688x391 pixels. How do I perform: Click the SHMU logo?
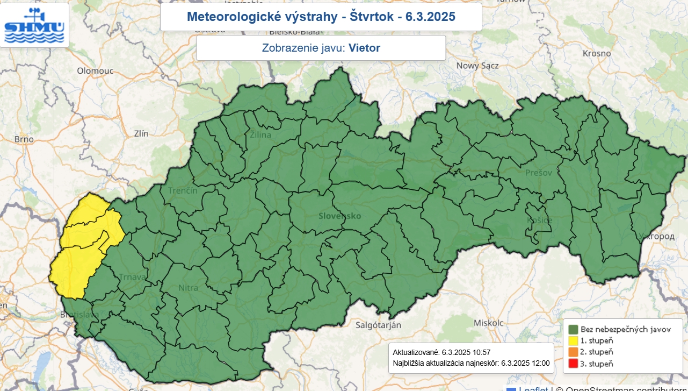click(34, 25)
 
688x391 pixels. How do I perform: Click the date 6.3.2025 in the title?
click(431, 17)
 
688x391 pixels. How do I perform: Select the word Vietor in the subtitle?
click(364, 48)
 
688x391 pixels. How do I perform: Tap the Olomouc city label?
click(95, 70)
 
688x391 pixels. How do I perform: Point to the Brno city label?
click(24, 139)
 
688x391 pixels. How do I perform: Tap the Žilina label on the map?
click(260, 135)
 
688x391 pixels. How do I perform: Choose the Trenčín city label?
click(183, 190)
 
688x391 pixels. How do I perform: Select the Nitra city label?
click(188, 288)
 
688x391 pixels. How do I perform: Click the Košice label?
click(539, 221)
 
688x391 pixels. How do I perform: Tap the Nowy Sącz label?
click(477, 66)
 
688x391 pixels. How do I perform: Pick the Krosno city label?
click(597, 53)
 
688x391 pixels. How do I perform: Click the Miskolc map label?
click(489, 323)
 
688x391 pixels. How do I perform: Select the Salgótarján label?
click(379, 325)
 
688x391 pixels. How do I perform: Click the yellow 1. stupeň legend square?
click(573, 340)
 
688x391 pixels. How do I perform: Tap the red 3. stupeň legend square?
click(573, 364)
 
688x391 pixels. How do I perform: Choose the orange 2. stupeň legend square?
click(573, 352)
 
